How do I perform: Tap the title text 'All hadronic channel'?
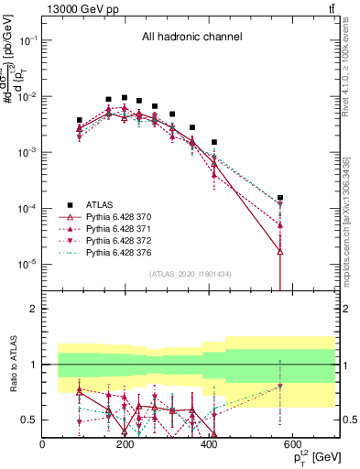coord(191,38)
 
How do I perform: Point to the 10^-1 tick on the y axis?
coord(28,40)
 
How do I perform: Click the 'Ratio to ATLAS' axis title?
coord(11,364)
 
